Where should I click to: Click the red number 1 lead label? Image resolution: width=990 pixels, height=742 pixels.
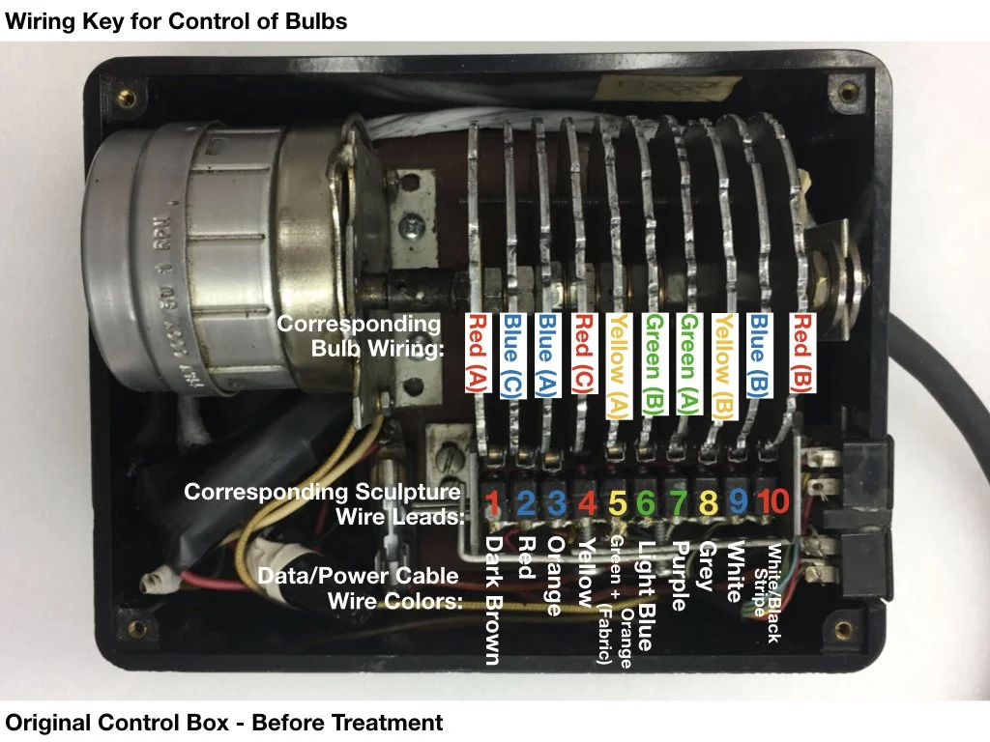pyautogui.click(x=493, y=503)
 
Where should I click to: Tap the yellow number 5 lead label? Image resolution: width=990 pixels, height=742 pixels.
pyautogui.click(x=618, y=503)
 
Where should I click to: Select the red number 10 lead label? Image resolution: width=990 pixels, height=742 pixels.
pyautogui.click(x=773, y=503)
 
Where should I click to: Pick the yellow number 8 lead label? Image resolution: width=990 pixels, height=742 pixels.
pyautogui.click(x=711, y=503)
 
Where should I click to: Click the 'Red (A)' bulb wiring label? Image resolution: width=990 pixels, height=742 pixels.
pyautogui.click(x=476, y=352)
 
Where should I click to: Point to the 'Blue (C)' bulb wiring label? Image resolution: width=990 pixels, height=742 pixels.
pyautogui.click(x=512, y=352)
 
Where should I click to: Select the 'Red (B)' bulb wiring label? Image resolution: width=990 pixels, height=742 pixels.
pyautogui.click(x=801, y=352)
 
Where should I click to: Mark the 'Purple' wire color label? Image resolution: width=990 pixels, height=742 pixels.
pyautogui.click(x=678, y=575)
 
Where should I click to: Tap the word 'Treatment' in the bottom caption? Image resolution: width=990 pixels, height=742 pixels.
pyautogui.click(x=387, y=723)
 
